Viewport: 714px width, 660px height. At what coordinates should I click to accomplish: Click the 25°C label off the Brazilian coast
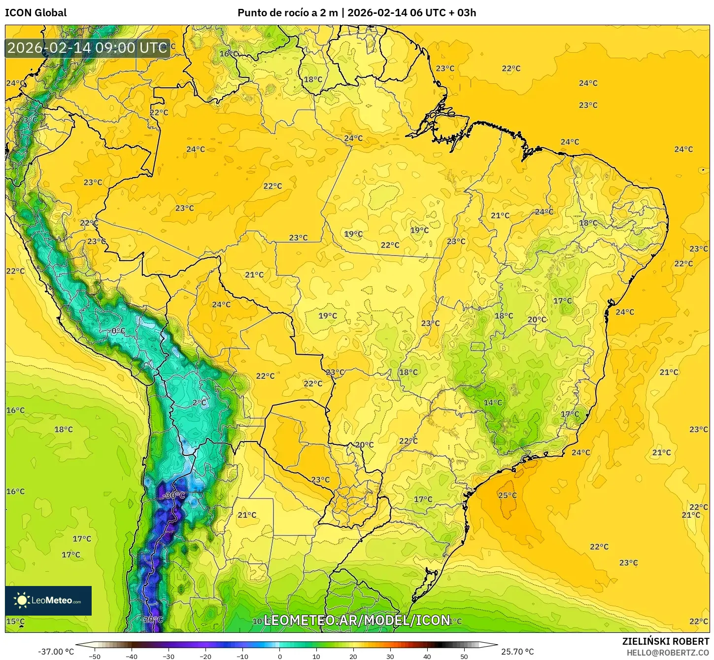[507, 495]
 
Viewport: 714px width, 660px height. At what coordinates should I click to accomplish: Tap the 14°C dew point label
[492, 403]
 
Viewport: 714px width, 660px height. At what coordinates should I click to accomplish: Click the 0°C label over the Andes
[118, 330]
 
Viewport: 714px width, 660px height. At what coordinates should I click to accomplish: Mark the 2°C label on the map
[200, 403]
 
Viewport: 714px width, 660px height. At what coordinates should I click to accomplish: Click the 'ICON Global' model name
[35, 13]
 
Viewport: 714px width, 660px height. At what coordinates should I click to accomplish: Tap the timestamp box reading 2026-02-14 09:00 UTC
[87, 48]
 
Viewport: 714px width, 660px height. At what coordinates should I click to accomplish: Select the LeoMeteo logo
[48, 600]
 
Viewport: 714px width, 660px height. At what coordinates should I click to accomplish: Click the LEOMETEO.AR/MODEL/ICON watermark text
[357, 620]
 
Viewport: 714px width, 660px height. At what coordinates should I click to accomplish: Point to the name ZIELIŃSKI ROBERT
[665, 641]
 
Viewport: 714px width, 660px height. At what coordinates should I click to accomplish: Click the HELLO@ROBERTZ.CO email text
[668, 652]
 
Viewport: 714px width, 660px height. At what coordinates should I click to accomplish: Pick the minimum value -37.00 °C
[56, 652]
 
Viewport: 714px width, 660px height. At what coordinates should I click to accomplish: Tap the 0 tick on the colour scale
[279, 656]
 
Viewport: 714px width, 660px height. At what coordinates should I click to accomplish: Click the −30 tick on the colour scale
[169, 656]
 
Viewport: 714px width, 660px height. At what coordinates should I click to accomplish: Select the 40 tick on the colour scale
[427, 656]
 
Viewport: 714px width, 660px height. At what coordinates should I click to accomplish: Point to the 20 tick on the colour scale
[353, 656]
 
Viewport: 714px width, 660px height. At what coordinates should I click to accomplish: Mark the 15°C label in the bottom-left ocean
[15, 621]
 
